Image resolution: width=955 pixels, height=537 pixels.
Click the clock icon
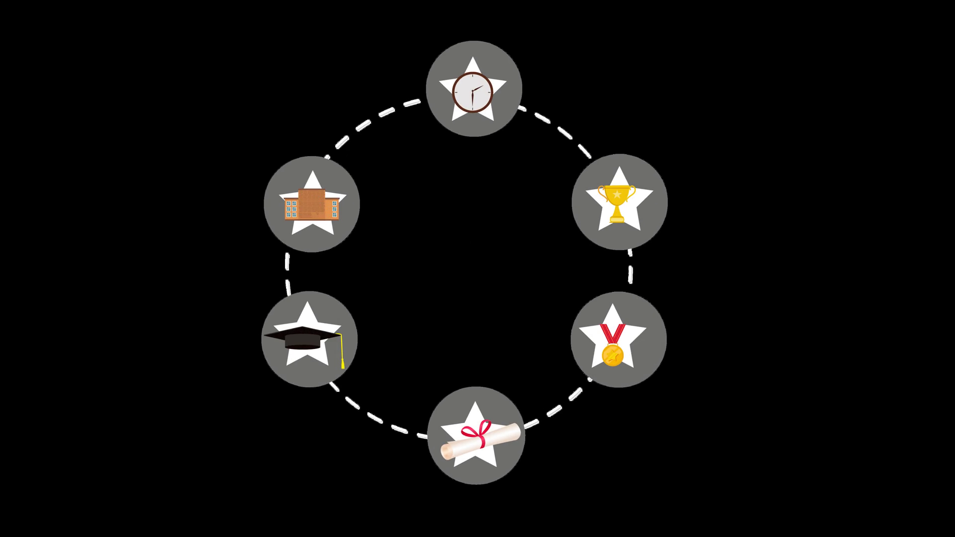472,92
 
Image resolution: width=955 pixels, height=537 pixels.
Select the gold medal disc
612,355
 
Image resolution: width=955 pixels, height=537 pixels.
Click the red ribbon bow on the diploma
477,431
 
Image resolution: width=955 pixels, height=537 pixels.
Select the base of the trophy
617,219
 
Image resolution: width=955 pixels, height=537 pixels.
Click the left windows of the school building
291,209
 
